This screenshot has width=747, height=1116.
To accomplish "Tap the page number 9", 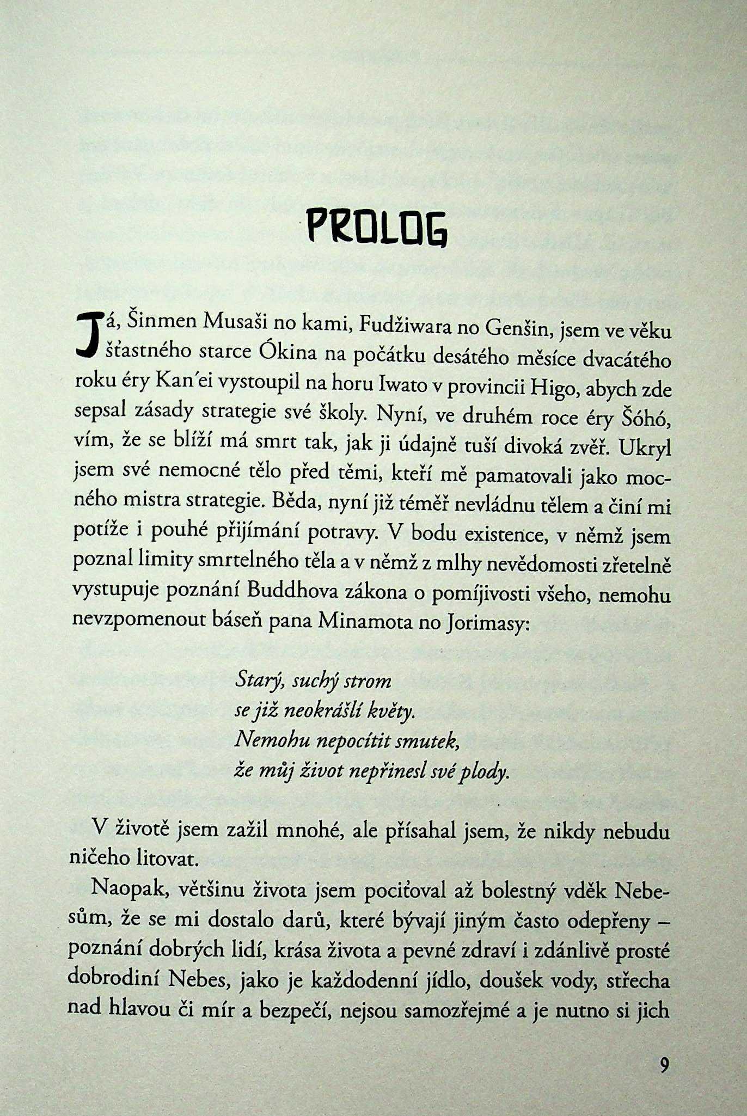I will click(664, 1064).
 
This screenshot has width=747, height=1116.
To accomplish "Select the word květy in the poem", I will click(391, 712).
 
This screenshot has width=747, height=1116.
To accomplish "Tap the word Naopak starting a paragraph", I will click(125, 889).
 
